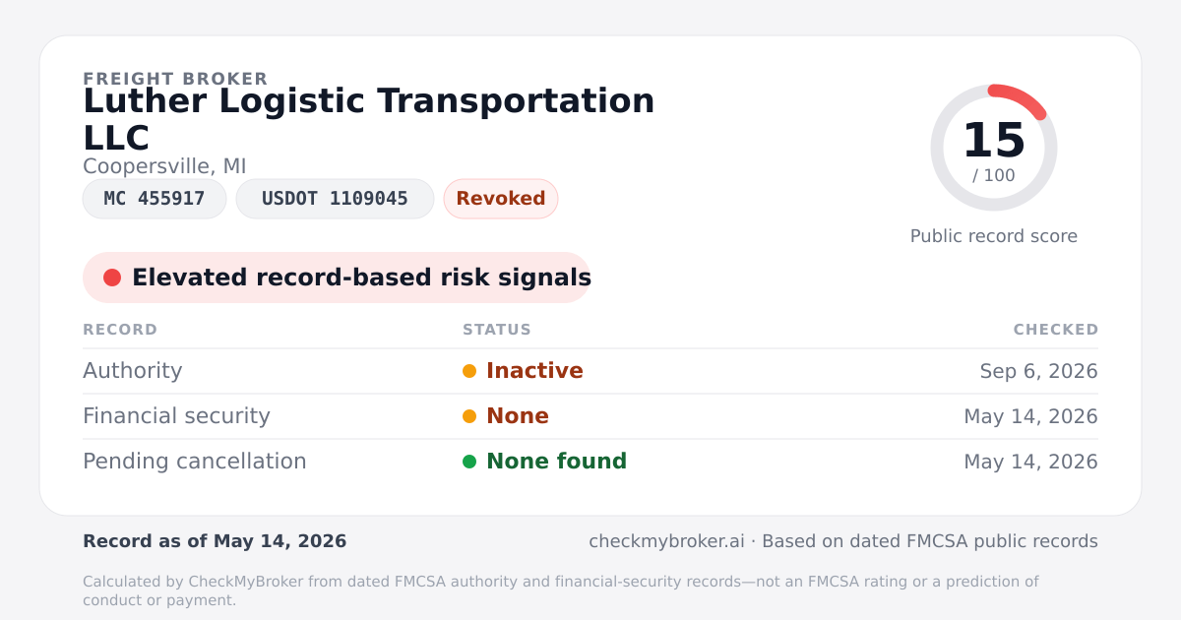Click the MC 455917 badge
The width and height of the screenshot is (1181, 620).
point(155,199)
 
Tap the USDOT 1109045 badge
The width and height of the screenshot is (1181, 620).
point(335,199)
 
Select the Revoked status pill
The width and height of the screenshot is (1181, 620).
point(501,199)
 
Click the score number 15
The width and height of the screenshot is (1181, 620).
point(994,140)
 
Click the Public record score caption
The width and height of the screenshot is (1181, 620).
point(994,236)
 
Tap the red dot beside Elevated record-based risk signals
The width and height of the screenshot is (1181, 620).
point(112,278)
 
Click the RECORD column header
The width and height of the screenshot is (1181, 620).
point(120,330)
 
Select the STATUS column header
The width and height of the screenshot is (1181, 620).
point(497,330)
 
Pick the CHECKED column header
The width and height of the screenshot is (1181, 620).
point(1056,330)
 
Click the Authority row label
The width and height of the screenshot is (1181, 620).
point(132,371)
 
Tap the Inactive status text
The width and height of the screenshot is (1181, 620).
point(534,371)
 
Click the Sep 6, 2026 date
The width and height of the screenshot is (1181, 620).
point(1038,371)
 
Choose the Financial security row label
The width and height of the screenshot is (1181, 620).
point(176,416)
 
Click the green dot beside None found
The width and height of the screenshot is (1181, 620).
point(469,462)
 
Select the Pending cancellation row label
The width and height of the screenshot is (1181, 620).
point(195,462)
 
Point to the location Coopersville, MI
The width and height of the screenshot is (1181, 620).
point(164,166)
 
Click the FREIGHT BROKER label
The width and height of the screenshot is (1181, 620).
point(175,79)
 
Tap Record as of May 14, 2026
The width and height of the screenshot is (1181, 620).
point(215,541)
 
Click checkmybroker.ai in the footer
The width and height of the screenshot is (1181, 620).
point(666,541)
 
